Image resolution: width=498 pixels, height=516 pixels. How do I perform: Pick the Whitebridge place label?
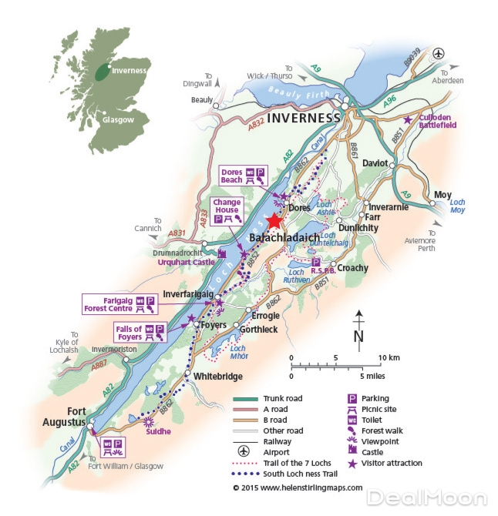point(218,376)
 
